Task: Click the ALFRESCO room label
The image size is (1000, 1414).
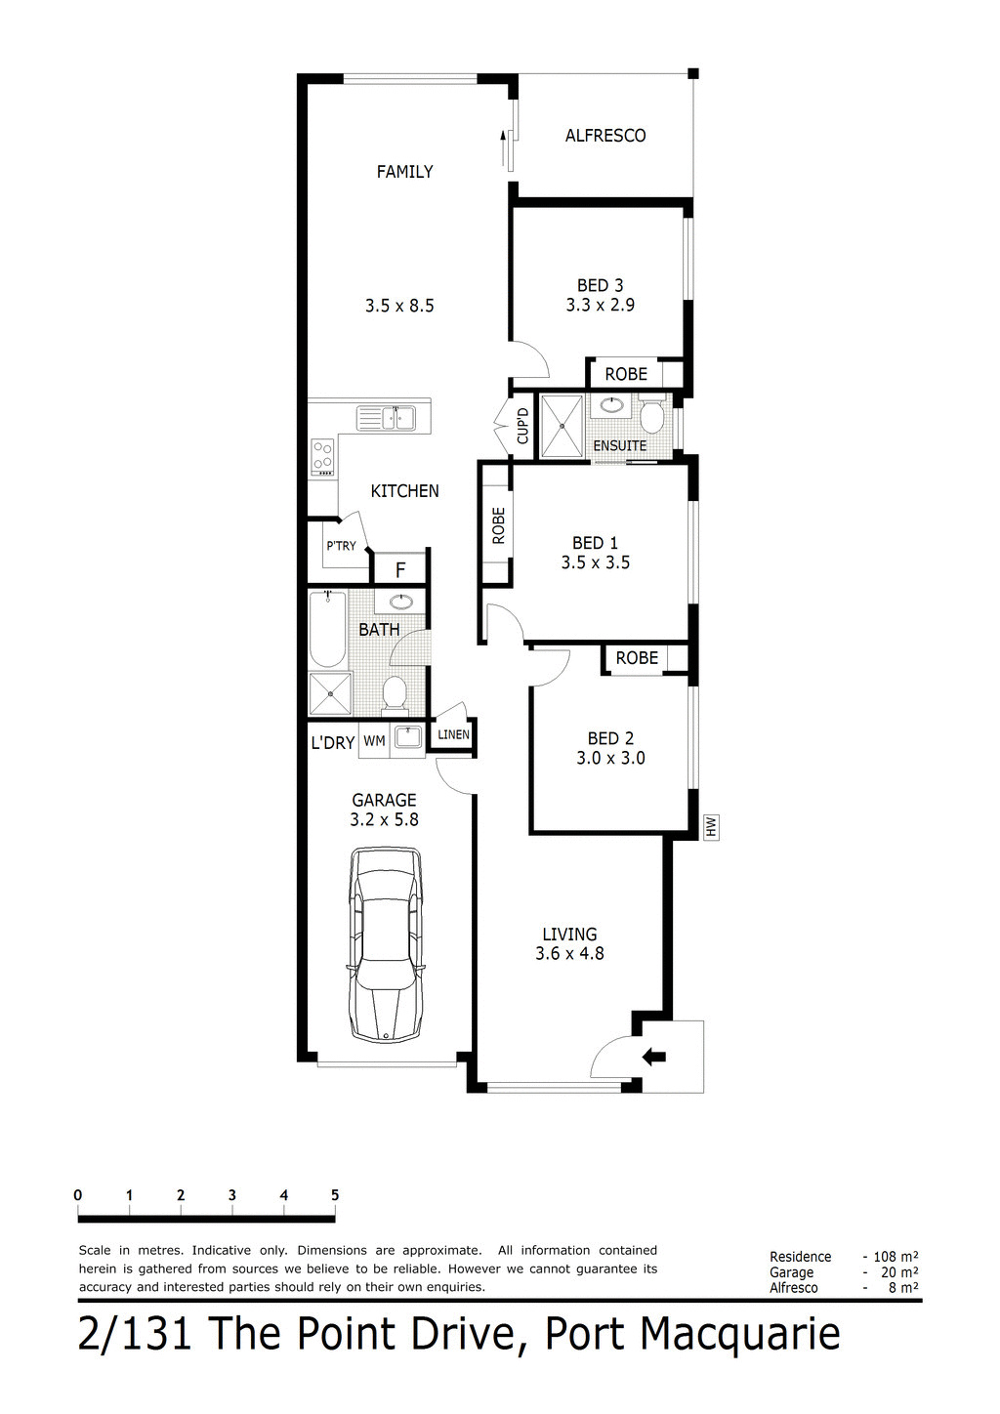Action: pos(605,136)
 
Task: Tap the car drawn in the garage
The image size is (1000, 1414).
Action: pos(388,945)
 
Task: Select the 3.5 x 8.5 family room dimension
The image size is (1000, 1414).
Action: pos(399,306)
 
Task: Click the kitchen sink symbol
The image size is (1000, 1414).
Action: pos(387,419)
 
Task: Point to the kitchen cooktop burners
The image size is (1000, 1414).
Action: pos(322,455)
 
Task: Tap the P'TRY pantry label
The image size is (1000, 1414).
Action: pos(341,546)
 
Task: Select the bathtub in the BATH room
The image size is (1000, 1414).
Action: pos(326,630)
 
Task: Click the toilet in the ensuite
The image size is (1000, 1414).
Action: pos(652,418)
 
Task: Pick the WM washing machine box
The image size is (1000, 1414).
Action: pos(374,741)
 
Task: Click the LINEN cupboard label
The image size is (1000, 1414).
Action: pos(453,734)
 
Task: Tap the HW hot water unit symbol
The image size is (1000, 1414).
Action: pos(711,828)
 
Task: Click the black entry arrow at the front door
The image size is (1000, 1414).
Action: pos(654,1056)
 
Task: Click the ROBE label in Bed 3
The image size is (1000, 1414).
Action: pos(626,374)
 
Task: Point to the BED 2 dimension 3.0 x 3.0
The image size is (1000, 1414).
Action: pos(610,758)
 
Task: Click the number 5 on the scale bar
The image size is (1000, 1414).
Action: pos(335,1195)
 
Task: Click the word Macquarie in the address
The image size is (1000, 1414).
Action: pos(742,1334)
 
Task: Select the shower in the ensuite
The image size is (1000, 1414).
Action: pos(562,425)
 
